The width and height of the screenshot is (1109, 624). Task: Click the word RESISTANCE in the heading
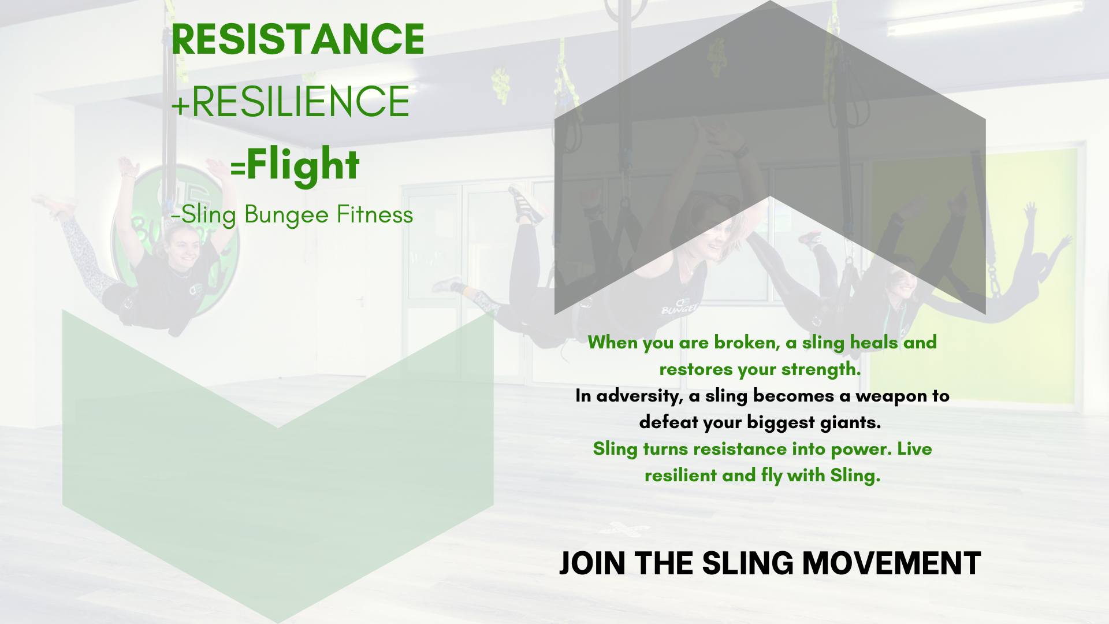click(297, 39)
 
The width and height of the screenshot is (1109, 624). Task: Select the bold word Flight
click(303, 165)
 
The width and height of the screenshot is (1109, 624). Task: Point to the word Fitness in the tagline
click(375, 215)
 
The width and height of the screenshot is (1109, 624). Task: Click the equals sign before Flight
click(237, 168)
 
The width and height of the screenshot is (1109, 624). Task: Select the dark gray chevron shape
click(769, 116)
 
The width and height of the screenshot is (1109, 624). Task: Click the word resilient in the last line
click(680, 476)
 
